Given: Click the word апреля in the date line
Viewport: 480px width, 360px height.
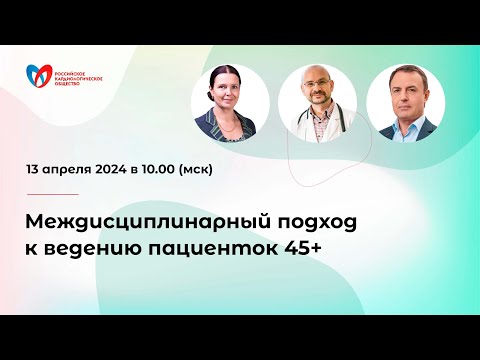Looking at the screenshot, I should click(x=73, y=170).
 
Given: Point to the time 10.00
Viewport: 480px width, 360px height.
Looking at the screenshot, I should click(x=177, y=169).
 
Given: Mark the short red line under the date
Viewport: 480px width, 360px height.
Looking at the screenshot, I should click(x=53, y=194).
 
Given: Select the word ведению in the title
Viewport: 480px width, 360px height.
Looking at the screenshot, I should click(x=100, y=245).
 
